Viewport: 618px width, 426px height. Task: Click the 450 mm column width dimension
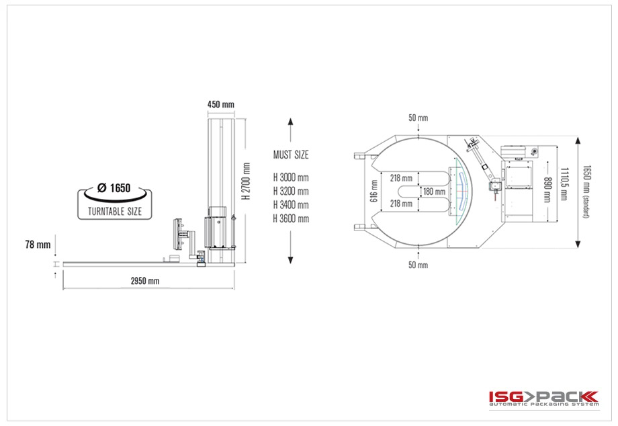click(x=221, y=104)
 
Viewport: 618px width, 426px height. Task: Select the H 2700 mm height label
click(x=247, y=181)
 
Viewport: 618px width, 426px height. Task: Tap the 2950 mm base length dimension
click(x=145, y=281)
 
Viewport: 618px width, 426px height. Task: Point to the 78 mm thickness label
click(x=38, y=245)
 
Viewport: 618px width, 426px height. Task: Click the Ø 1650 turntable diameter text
click(x=114, y=188)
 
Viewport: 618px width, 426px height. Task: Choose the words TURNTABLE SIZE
click(x=115, y=212)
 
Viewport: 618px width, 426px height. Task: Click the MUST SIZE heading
click(x=291, y=155)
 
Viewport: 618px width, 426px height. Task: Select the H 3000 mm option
click(x=291, y=178)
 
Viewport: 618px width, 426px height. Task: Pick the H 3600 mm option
click(x=291, y=219)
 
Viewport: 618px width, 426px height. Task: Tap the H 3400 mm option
click(x=291, y=205)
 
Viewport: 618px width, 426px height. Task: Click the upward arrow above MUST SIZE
click(x=290, y=130)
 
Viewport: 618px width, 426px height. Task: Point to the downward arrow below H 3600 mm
click(x=290, y=247)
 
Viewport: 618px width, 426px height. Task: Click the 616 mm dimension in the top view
click(x=374, y=191)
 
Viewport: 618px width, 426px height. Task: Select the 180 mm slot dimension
click(x=435, y=191)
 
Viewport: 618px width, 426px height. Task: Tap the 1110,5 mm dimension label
click(x=564, y=183)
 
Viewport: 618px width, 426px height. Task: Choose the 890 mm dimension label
click(x=547, y=189)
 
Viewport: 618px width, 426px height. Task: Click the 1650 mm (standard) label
click(x=586, y=191)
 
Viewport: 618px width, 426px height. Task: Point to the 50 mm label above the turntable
click(x=418, y=118)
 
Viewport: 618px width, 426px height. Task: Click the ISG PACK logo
click(x=544, y=398)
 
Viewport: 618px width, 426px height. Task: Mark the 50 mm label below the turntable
click(x=418, y=265)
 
